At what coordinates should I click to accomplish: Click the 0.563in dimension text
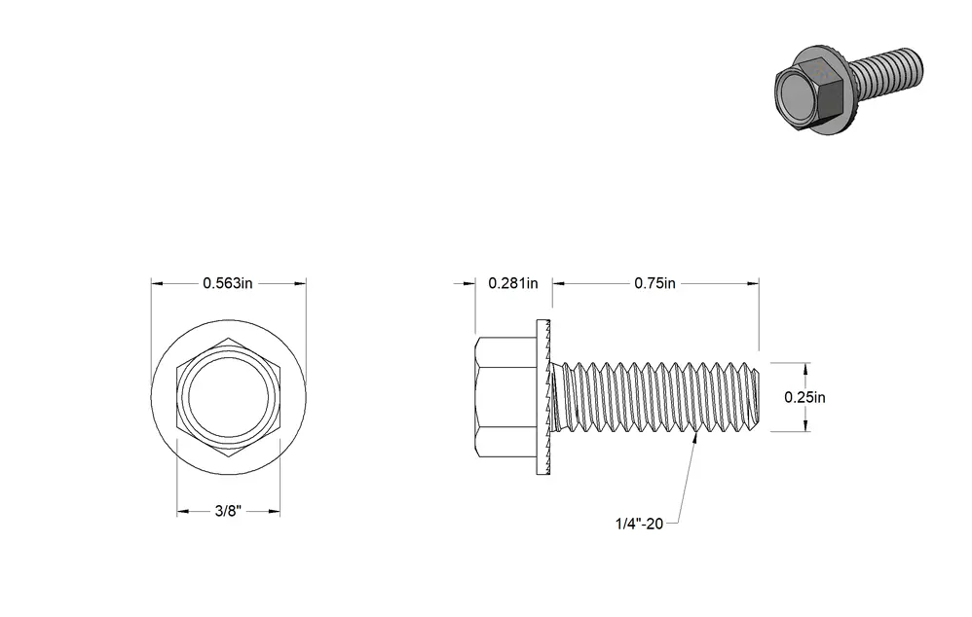[228, 283]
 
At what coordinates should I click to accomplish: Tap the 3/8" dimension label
[228, 511]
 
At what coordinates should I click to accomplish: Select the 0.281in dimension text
[512, 283]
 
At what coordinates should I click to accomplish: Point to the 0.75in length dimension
[654, 283]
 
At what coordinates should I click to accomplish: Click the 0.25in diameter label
[804, 397]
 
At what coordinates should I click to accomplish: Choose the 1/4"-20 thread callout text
[639, 524]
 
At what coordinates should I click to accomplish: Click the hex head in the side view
[505, 397]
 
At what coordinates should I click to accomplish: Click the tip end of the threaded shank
[757, 397]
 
